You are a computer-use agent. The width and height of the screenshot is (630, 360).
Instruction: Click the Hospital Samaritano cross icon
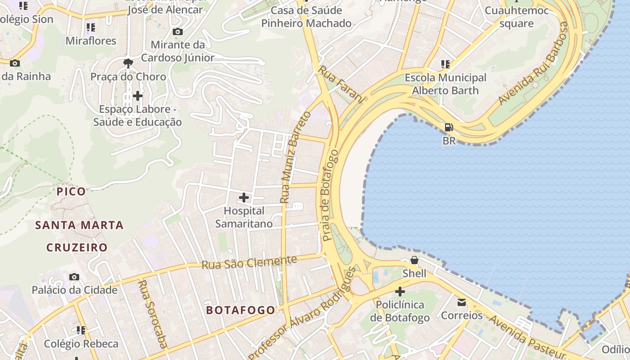point(243,198)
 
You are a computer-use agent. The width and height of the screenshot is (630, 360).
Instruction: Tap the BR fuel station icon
point(449,127)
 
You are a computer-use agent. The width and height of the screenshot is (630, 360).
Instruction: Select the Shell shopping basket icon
point(414,260)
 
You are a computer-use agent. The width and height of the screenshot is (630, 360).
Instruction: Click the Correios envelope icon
point(462,302)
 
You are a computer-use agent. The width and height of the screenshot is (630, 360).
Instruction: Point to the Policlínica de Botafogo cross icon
point(400,292)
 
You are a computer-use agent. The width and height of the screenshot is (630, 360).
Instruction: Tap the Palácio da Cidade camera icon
point(74,277)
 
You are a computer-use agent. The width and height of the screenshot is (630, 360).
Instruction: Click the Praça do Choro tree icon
point(128,63)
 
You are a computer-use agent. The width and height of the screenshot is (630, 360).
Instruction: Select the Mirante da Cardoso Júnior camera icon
point(178,31)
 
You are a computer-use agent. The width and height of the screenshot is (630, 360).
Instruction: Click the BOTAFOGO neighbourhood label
point(240,310)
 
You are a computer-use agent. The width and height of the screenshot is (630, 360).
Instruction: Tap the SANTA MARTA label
point(79,225)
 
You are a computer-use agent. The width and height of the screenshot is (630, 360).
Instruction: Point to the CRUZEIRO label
point(77,247)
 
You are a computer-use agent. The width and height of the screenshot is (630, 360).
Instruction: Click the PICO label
point(71,191)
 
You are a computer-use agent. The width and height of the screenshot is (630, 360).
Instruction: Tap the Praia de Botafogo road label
point(330,195)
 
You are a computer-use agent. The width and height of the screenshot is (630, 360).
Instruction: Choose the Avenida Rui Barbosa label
point(533,63)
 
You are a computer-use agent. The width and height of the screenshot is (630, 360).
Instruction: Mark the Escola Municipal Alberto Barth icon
point(445,64)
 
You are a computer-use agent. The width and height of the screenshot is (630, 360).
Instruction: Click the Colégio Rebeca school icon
point(81,331)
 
